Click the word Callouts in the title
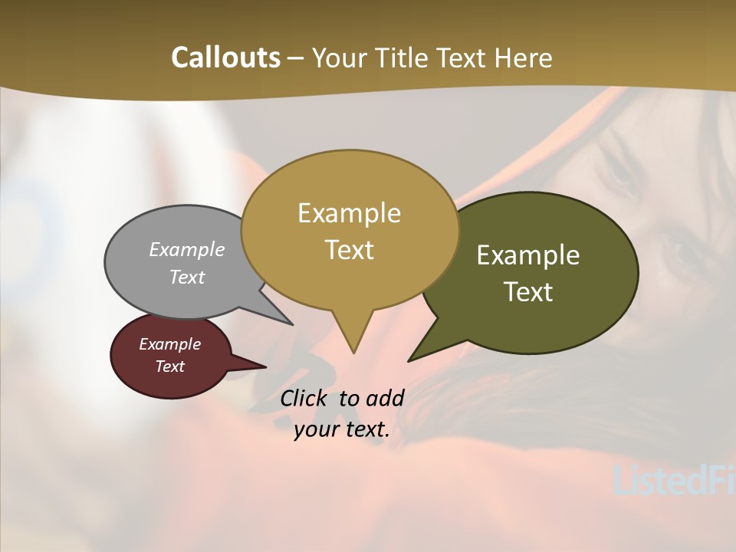point(225,58)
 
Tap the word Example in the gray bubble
point(187,250)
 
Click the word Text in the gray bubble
point(187,278)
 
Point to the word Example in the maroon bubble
point(169,345)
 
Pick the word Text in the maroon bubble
point(169,366)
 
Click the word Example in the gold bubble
point(349,213)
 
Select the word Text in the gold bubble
point(349,250)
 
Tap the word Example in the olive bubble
point(528,255)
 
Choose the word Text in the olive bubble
point(528,292)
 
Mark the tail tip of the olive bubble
point(409,360)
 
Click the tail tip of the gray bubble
point(291,324)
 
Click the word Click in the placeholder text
point(304,399)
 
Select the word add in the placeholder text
point(385,399)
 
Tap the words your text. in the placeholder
point(341,429)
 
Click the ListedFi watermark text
point(675,481)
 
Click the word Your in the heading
point(340,58)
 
